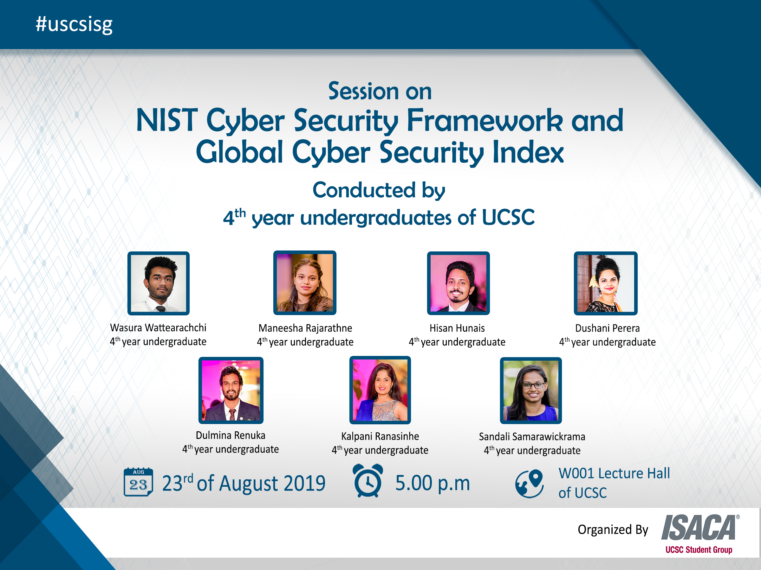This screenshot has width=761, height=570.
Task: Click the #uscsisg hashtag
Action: click(74, 25)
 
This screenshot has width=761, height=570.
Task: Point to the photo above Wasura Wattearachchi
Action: click(159, 283)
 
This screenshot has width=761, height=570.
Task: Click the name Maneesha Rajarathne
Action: click(305, 328)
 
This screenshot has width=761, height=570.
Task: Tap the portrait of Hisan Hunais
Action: click(458, 283)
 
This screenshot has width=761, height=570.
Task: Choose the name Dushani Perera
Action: click(607, 328)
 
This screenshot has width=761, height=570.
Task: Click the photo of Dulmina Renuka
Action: click(231, 390)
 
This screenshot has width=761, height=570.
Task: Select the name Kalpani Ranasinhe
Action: click(380, 436)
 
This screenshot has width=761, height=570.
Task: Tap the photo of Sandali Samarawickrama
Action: click(531, 390)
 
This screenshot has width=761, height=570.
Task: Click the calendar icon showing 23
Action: click(138, 482)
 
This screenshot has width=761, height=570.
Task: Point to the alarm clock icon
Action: click(368, 480)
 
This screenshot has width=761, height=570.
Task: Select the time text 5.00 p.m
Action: click(433, 483)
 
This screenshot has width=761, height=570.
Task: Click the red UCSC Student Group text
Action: click(699, 550)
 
